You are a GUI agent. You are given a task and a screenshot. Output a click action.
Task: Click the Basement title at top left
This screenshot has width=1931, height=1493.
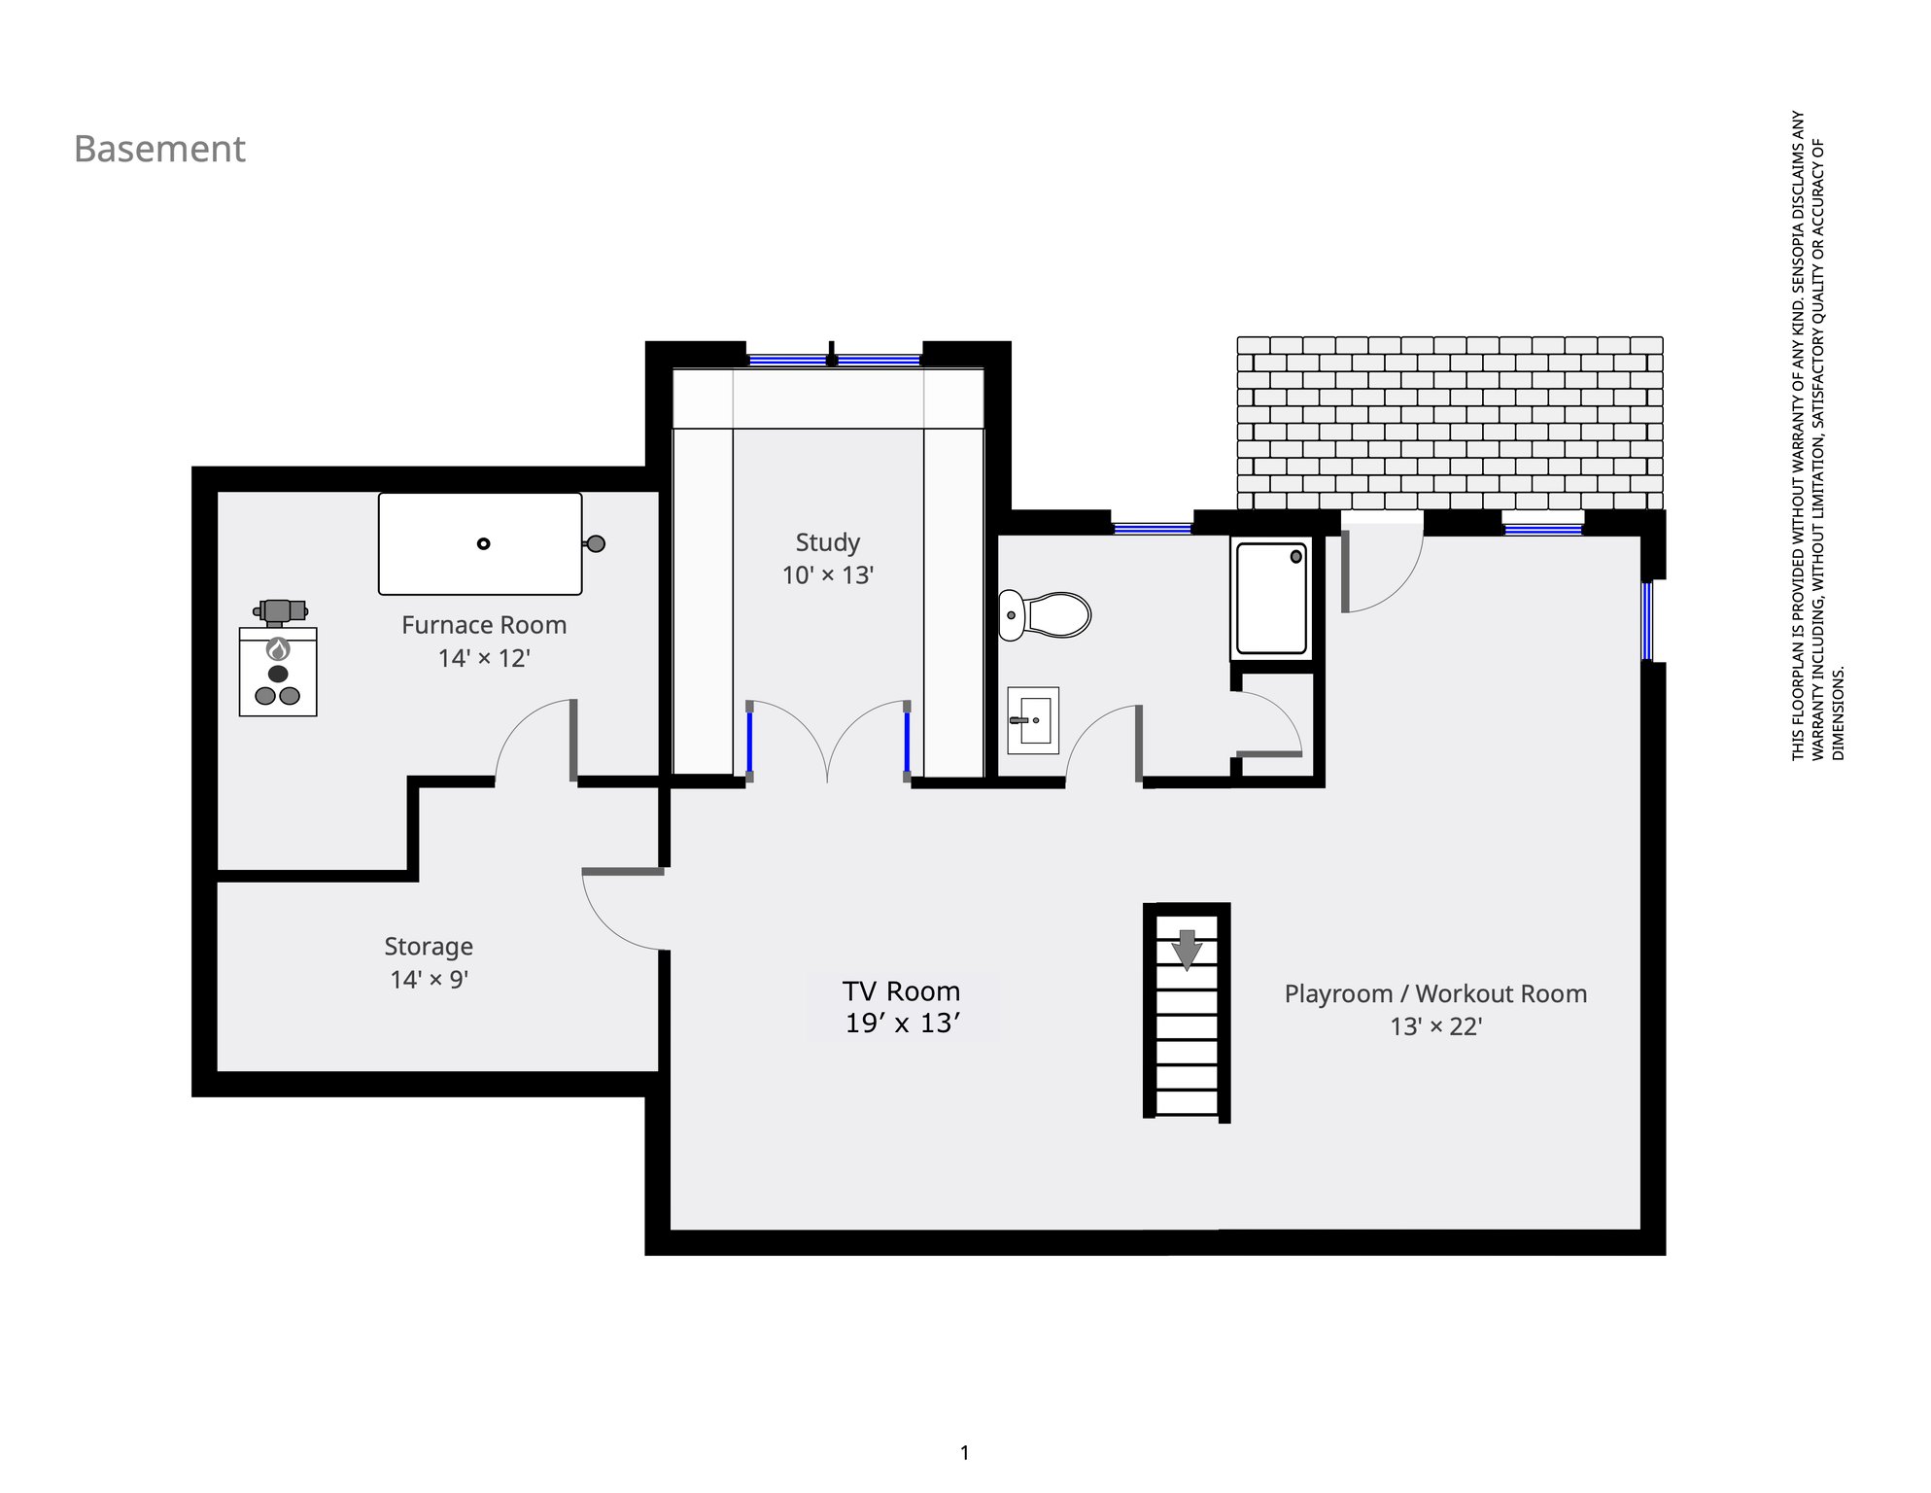pyautogui.click(x=159, y=149)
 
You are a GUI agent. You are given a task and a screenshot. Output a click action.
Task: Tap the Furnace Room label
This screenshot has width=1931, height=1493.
pyautogui.click(x=484, y=625)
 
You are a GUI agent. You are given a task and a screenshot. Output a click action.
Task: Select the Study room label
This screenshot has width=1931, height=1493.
pyautogui.click(x=828, y=542)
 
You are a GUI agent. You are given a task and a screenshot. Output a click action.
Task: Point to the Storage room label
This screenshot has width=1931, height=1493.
pyautogui.click(x=429, y=947)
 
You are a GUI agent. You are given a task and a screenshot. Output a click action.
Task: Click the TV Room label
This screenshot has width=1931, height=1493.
pyautogui.click(x=902, y=991)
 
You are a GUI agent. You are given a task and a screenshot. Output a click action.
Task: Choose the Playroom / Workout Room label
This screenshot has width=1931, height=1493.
pyautogui.click(x=1435, y=994)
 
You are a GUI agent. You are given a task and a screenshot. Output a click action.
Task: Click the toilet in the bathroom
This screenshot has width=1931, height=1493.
pyautogui.click(x=1045, y=615)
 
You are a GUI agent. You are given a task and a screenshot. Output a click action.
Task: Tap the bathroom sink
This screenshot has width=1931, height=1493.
pyautogui.click(x=1033, y=720)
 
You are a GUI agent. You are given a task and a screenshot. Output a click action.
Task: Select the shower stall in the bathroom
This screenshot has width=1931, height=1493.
pyautogui.click(x=1271, y=599)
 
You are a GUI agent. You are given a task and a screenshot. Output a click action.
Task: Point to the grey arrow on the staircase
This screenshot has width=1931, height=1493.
pyautogui.click(x=1187, y=950)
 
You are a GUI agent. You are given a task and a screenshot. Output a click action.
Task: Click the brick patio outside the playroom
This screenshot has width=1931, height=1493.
pyautogui.click(x=1450, y=423)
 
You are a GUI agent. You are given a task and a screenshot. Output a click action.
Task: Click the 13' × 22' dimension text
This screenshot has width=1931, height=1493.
pyautogui.click(x=1435, y=1027)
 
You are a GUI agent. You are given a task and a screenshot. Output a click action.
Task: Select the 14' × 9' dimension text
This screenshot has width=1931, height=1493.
pyautogui.click(x=429, y=980)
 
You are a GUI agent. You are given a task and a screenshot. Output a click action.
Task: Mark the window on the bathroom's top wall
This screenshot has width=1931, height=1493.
pyautogui.click(x=1153, y=529)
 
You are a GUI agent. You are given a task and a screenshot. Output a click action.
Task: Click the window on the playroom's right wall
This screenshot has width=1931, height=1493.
pyautogui.click(x=1648, y=620)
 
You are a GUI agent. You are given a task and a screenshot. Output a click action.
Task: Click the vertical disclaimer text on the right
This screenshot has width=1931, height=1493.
pyautogui.click(x=1817, y=435)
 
